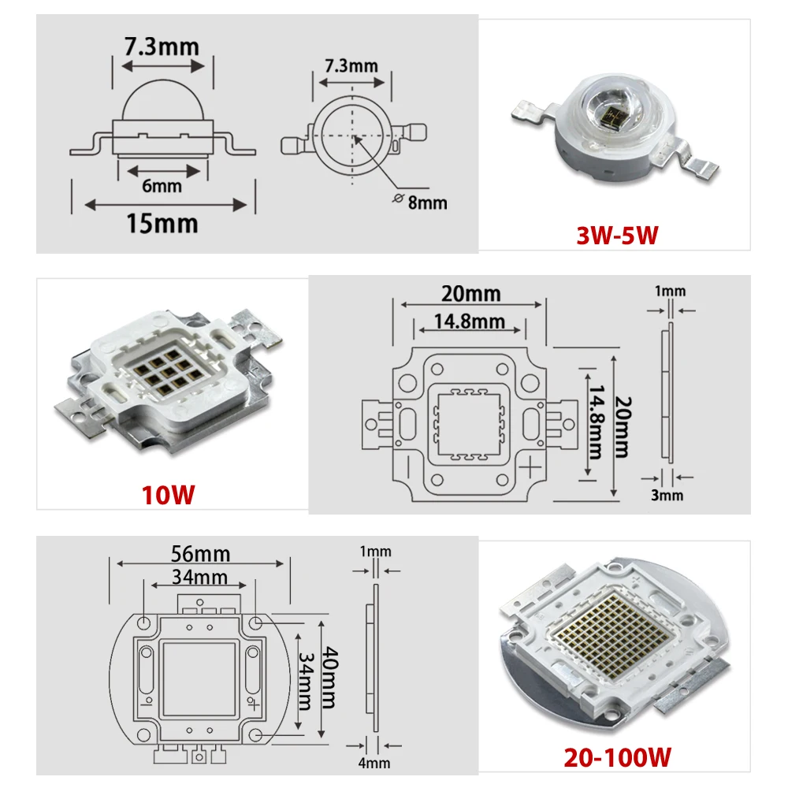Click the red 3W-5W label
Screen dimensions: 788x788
tap(617, 234)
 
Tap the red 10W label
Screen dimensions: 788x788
tap(167, 496)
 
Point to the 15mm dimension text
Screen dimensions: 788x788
tap(162, 223)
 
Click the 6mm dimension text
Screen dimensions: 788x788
tap(162, 186)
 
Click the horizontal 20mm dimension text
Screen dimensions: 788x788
tap(470, 293)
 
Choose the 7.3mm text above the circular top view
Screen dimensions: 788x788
tap(351, 65)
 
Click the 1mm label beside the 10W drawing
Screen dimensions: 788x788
tap(670, 291)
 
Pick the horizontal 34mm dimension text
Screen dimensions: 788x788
tap(201, 578)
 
